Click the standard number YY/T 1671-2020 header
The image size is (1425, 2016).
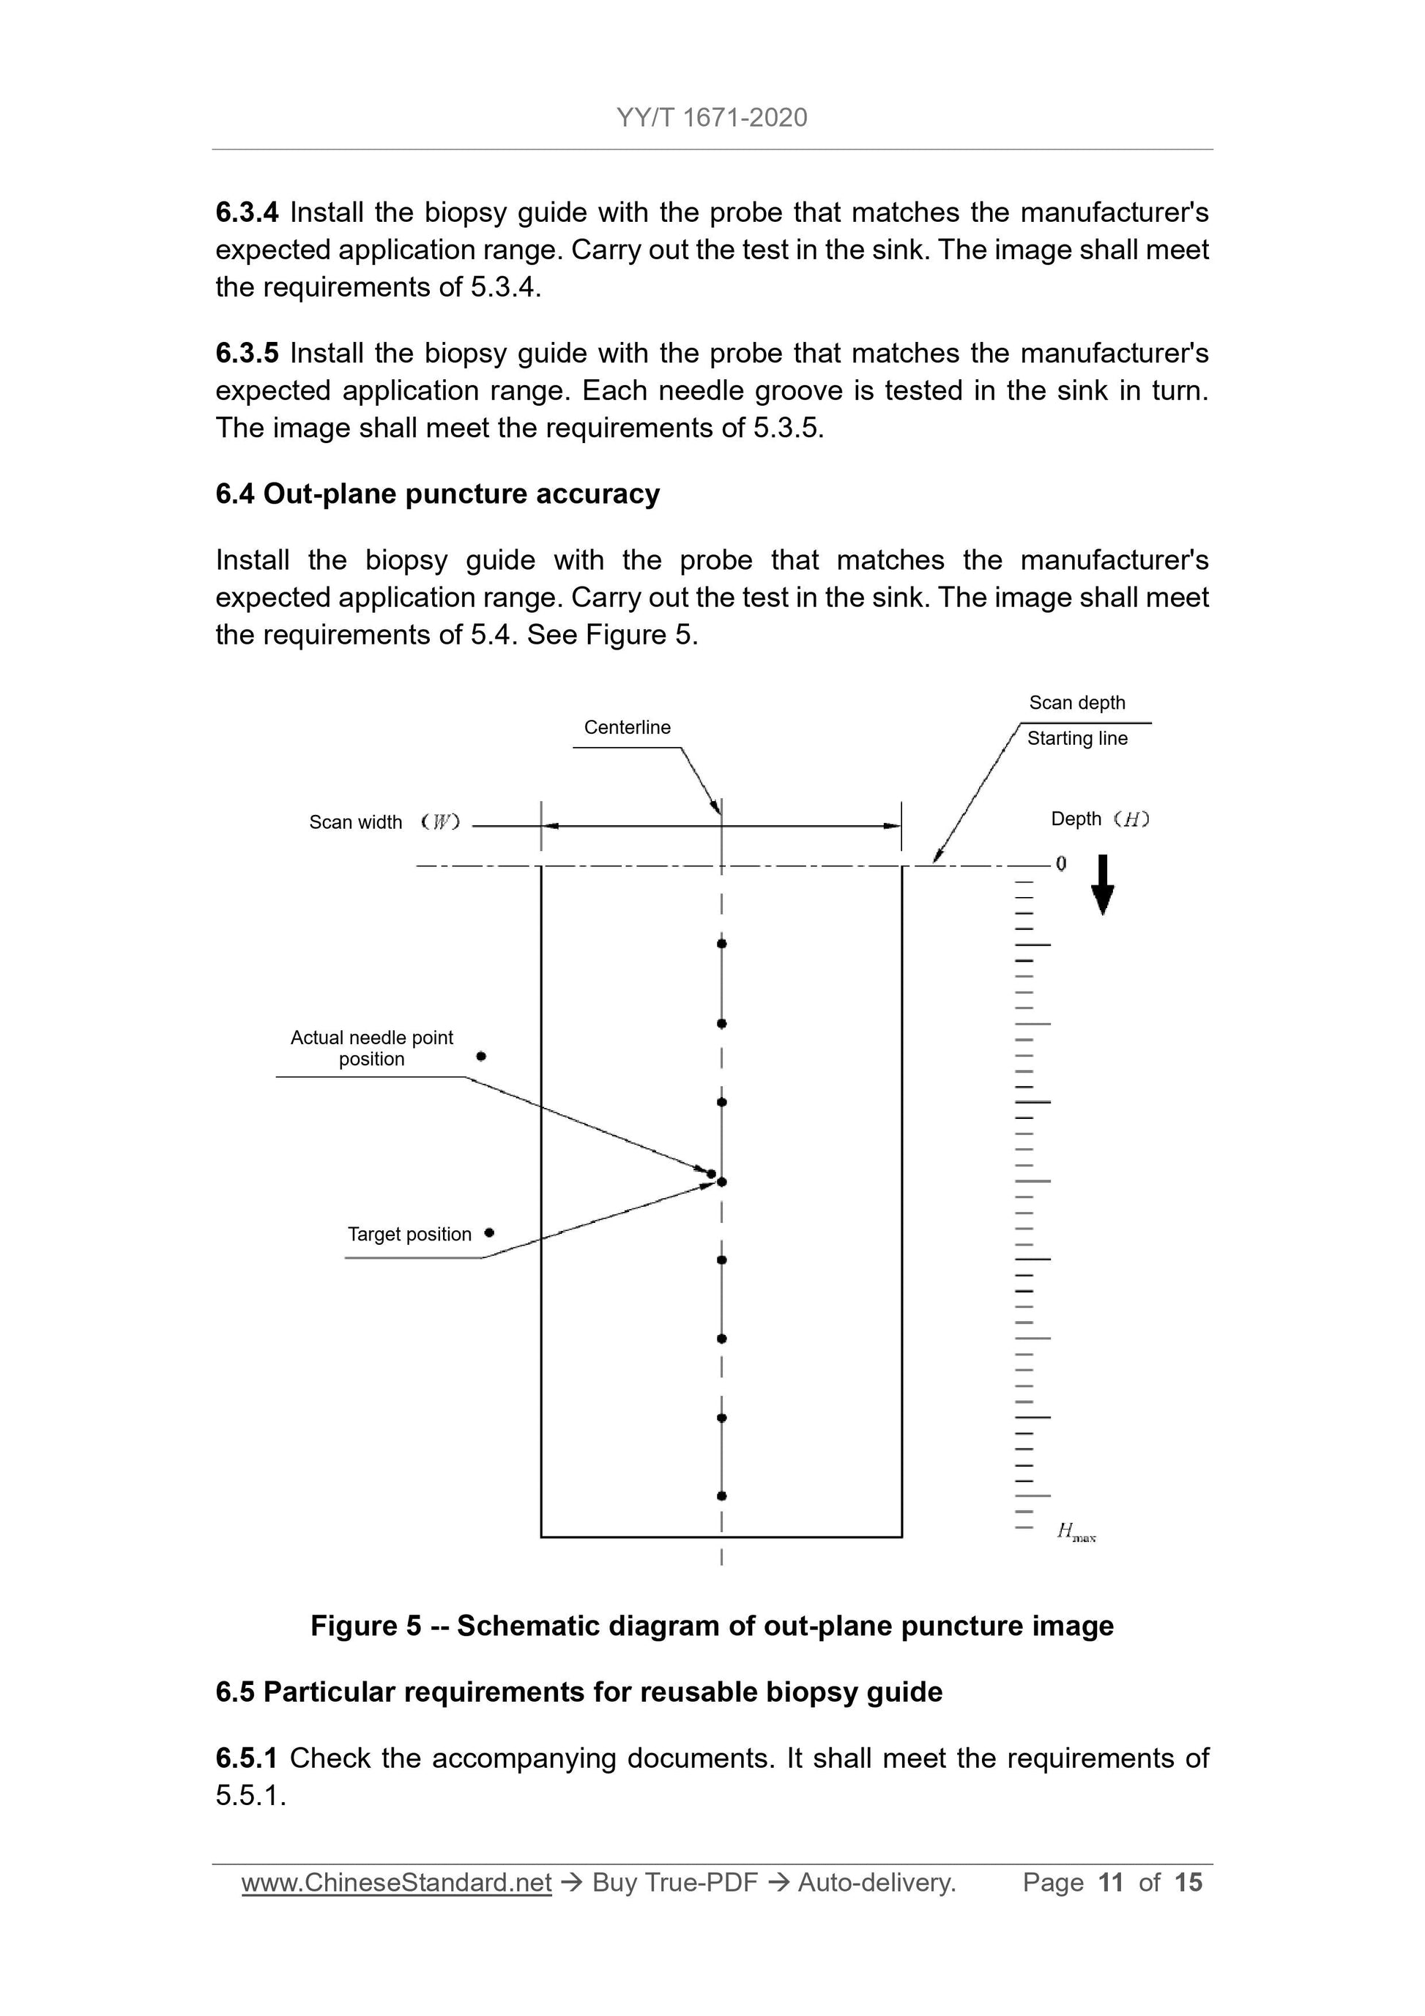click(711, 118)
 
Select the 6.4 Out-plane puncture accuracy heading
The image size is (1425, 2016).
click(437, 494)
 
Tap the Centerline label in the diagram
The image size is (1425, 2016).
click(627, 727)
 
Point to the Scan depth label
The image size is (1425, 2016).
click(1076, 702)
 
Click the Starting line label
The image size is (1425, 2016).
click(1077, 738)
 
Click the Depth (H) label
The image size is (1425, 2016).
click(1099, 819)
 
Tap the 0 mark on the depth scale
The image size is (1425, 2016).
click(1062, 864)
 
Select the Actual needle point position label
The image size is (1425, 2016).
click(371, 1049)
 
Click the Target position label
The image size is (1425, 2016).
click(409, 1235)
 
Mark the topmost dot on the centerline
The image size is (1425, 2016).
click(722, 944)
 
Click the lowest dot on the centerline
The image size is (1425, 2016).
click(722, 1495)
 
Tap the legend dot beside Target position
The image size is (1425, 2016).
click(489, 1232)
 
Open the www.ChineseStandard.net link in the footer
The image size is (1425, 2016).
click(396, 1882)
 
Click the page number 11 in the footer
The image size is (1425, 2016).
click(1111, 1882)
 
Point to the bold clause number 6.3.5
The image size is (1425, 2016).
click(247, 353)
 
